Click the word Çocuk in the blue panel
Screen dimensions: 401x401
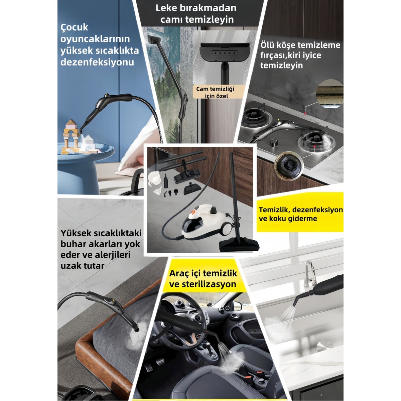pyautogui.click(x=74, y=28)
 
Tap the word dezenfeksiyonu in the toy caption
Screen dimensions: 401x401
pyautogui.click(x=97, y=62)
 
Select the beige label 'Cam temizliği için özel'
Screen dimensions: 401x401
pyautogui.click(x=215, y=92)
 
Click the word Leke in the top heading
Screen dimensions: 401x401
pyautogui.click(x=165, y=8)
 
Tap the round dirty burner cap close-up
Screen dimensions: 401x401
pyautogui.click(x=289, y=166)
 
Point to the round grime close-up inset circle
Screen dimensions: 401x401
pyautogui.click(x=329, y=94)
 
